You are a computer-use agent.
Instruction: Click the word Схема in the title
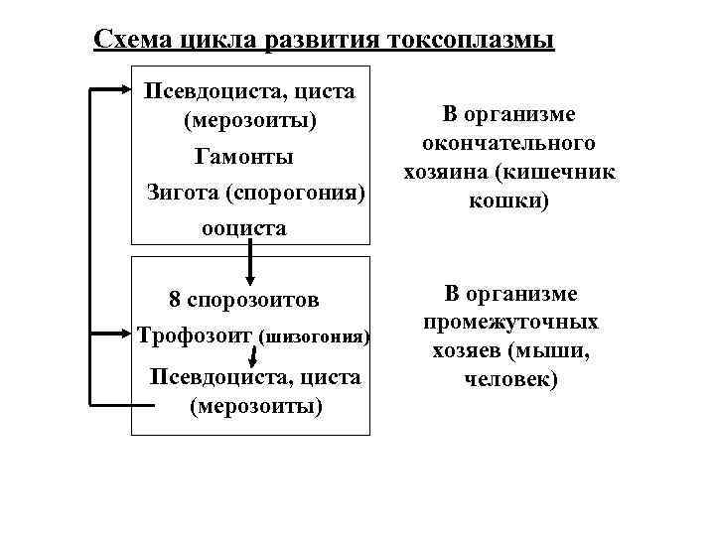(x=134, y=40)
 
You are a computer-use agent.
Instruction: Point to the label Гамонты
(x=243, y=157)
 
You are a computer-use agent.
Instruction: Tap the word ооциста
(x=243, y=227)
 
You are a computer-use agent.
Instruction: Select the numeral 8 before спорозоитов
(x=175, y=299)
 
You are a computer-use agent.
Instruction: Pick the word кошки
(x=510, y=201)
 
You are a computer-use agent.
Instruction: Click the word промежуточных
(x=510, y=322)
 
